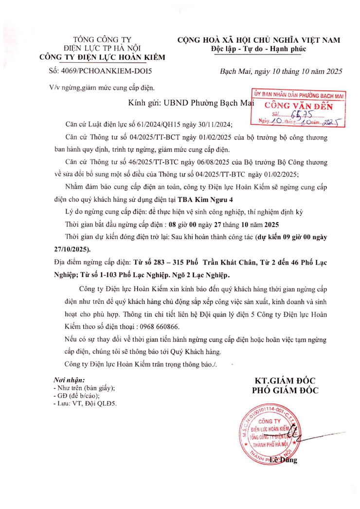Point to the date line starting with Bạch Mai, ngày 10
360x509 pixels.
click(x=281, y=71)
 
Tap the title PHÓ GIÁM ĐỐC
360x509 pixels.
click(x=285, y=390)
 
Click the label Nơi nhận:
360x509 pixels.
click(x=69, y=379)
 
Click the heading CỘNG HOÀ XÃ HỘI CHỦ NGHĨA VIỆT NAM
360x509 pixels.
click(x=258, y=40)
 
